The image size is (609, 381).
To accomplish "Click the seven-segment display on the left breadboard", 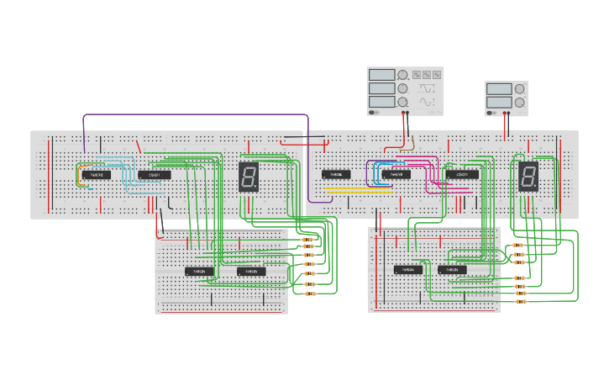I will (x=249, y=177).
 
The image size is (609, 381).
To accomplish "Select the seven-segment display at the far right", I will (x=528, y=177).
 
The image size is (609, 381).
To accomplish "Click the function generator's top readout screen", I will (x=381, y=75).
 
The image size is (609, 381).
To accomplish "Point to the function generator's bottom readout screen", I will (x=381, y=102).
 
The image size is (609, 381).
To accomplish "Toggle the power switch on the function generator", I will (x=374, y=112).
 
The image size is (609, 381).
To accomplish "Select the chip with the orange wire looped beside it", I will (x=97, y=175).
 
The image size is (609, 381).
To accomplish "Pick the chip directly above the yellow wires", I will (x=336, y=175).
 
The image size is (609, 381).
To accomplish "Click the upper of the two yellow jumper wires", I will (x=357, y=188).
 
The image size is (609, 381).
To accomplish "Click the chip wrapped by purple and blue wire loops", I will (x=396, y=175).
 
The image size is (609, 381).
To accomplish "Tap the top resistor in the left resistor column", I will (x=308, y=241).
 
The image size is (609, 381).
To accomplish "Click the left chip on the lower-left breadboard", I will (x=200, y=271).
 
